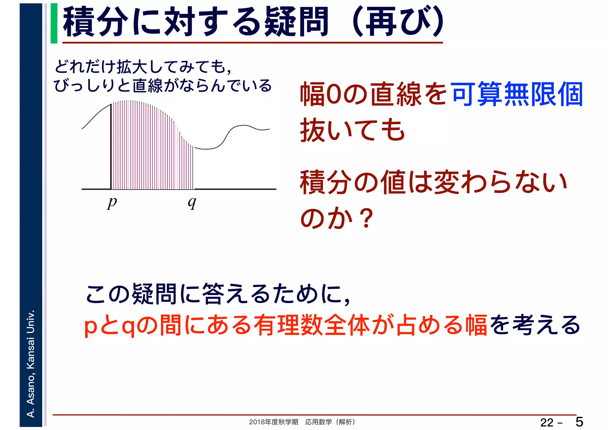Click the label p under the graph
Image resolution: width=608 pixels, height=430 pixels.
pyautogui.click(x=112, y=203)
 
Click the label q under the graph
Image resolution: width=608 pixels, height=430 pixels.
pyautogui.click(x=192, y=203)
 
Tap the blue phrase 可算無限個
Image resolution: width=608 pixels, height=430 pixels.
pyautogui.click(x=517, y=94)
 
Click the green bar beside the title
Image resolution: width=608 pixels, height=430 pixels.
pyautogui.click(x=54, y=23)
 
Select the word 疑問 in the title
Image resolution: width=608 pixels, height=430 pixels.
pyautogui.click(x=296, y=22)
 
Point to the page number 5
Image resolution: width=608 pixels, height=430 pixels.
pyautogui.click(x=579, y=422)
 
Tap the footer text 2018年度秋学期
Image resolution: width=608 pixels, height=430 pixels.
pyautogui.click(x=273, y=422)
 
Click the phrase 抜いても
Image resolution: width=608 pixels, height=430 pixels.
pyautogui.click(x=352, y=130)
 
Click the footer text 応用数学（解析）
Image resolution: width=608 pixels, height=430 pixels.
pyautogui.click(x=330, y=422)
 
